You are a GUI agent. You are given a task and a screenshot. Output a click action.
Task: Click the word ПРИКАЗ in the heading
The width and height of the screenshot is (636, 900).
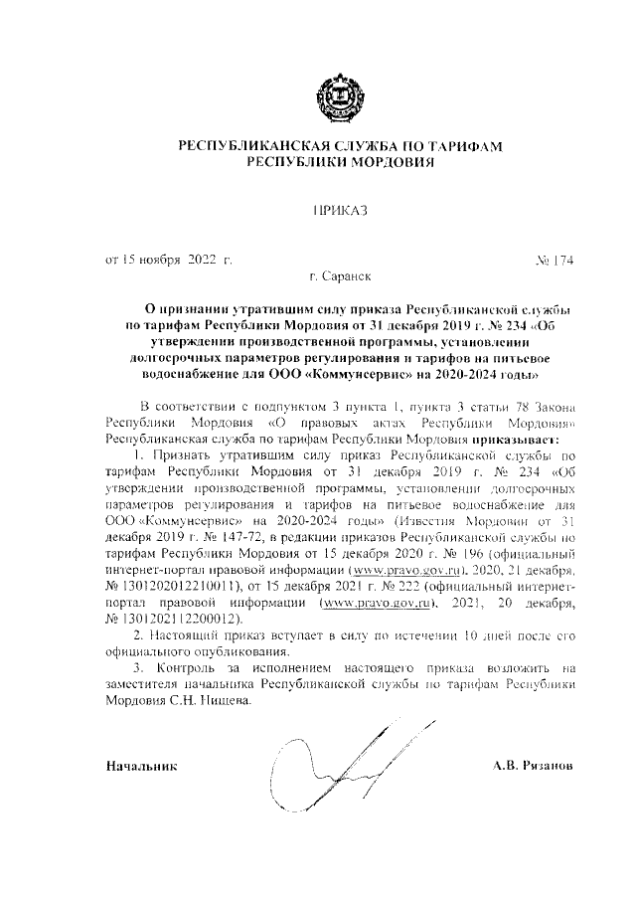coord(340,210)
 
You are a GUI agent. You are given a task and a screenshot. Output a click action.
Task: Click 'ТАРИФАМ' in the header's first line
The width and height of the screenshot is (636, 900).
coord(463,147)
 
